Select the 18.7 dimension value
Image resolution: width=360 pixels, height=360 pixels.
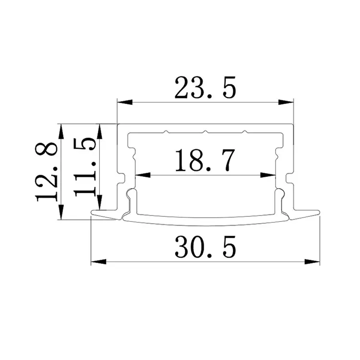click(x=205, y=161)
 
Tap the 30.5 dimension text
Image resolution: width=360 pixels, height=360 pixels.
click(x=205, y=249)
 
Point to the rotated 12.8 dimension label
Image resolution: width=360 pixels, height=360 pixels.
click(x=48, y=171)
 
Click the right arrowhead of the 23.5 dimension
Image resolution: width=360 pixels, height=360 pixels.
click(x=287, y=102)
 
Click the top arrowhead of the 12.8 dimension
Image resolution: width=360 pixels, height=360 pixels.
click(x=61, y=130)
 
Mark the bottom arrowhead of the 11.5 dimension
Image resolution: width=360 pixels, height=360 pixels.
click(x=99, y=204)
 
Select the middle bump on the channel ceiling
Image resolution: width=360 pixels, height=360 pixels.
click(x=204, y=131)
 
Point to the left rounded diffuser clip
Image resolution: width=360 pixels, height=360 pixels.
click(x=131, y=194)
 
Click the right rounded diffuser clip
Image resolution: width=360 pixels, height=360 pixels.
click(x=279, y=194)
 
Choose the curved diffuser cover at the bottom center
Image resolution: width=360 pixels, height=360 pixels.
click(x=205, y=222)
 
